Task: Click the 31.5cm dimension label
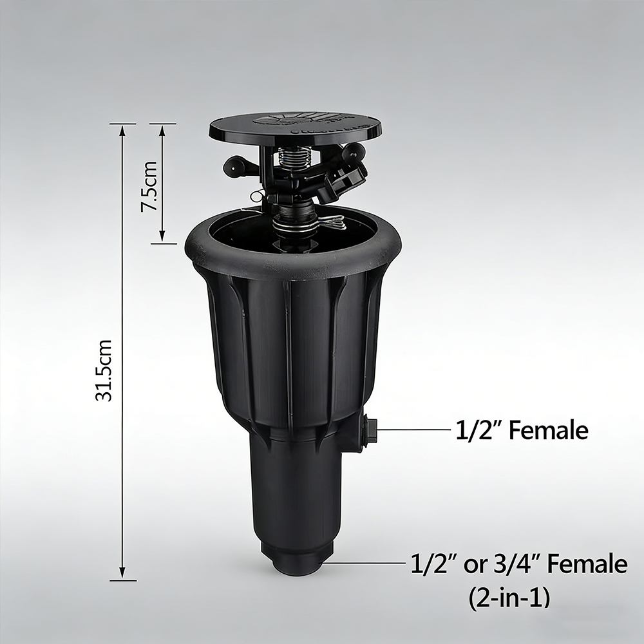tap(104, 370)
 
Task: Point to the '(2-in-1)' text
tap(509, 598)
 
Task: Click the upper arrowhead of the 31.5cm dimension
tap(122, 130)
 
